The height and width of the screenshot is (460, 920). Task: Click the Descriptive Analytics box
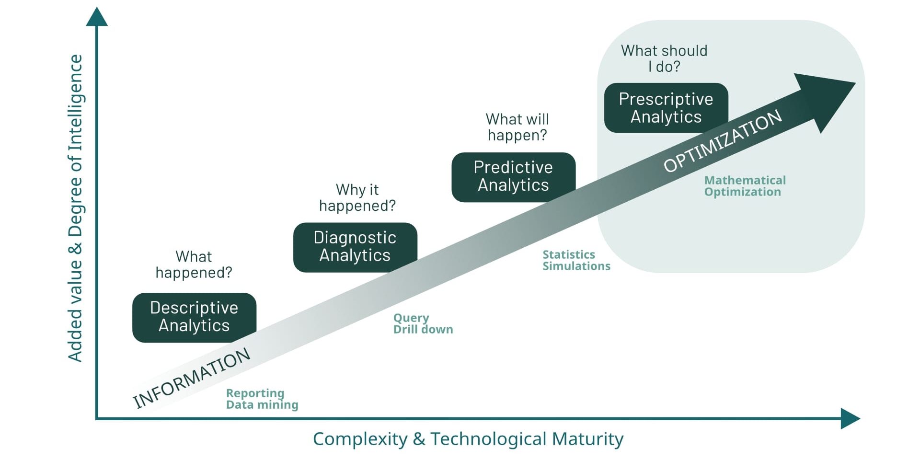click(194, 317)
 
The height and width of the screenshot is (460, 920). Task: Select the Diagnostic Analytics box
click(355, 247)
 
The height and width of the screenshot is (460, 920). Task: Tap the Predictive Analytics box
click(513, 176)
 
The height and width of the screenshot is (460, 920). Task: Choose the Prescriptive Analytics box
click(666, 108)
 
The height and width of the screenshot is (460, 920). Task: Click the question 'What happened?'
click(194, 264)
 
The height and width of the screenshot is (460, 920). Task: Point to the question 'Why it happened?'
click(357, 197)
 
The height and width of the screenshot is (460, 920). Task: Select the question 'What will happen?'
click(517, 127)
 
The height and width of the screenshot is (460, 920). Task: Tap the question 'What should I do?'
click(664, 58)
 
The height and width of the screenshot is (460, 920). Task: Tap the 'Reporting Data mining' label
click(262, 399)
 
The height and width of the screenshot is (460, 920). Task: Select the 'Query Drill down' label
click(423, 323)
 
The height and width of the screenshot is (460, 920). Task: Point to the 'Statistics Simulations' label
click(576, 260)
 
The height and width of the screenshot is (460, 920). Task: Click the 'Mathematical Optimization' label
click(745, 186)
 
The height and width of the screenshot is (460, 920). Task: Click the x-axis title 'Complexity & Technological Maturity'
click(468, 439)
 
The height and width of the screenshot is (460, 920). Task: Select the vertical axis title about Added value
click(76, 208)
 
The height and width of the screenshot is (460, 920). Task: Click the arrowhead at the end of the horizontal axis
click(850, 419)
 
